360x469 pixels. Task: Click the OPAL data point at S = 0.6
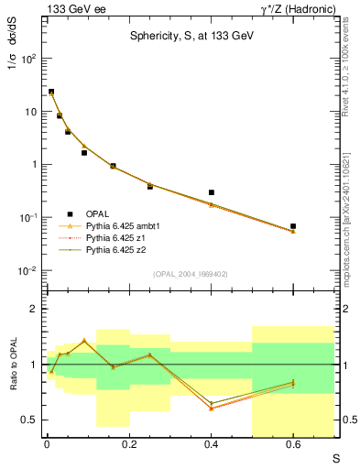293,225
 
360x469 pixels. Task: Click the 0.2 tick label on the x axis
128,445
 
